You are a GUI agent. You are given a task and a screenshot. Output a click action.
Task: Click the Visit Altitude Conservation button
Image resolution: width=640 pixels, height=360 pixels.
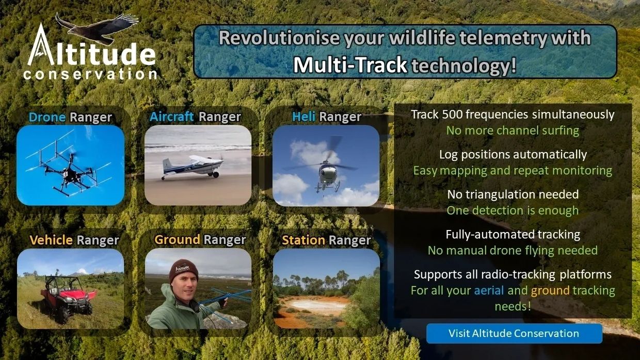pyautogui.click(x=514, y=334)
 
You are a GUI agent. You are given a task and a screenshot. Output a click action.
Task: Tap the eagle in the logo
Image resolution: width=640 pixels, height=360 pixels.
pyautogui.click(x=97, y=28)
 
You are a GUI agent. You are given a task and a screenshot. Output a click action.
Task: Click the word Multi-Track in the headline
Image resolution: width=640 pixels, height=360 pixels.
pyautogui.click(x=350, y=65)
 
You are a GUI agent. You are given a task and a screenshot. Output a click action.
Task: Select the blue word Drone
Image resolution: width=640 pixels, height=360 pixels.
pyautogui.click(x=47, y=117)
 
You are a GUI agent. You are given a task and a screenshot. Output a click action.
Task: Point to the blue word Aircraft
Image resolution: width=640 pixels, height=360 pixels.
pyautogui.click(x=172, y=117)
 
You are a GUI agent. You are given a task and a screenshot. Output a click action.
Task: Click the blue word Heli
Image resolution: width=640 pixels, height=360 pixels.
pyautogui.click(x=303, y=117)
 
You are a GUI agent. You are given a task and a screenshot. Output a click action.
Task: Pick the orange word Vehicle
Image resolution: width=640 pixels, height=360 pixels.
pyautogui.click(x=51, y=240)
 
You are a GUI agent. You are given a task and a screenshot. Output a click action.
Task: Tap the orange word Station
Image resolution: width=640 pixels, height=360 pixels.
pyautogui.click(x=303, y=240)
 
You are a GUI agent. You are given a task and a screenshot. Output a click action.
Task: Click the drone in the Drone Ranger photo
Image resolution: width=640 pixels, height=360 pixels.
pyautogui.click(x=69, y=171)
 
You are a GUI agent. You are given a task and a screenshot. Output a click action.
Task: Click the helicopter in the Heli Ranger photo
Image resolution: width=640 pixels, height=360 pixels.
pyautogui.click(x=326, y=171)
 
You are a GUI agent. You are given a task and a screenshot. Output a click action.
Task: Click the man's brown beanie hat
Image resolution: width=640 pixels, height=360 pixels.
pyautogui.click(x=183, y=270)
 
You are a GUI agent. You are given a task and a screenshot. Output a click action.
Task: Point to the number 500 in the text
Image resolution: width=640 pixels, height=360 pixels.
pyautogui.click(x=452, y=114)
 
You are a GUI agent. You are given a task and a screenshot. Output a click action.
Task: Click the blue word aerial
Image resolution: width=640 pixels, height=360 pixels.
pyautogui.click(x=489, y=290)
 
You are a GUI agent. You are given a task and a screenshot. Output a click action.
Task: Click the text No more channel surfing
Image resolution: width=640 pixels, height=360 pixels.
pyautogui.click(x=513, y=131)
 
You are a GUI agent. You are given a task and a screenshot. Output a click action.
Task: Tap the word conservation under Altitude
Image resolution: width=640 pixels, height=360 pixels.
pyautogui.click(x=90, y=74)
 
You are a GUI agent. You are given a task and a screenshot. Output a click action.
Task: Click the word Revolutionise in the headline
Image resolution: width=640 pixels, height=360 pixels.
pyautogui.click(x=279, y=38)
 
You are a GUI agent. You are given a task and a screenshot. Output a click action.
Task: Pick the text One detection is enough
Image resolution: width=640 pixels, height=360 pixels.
pyautogui.click(x=513, y=211)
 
